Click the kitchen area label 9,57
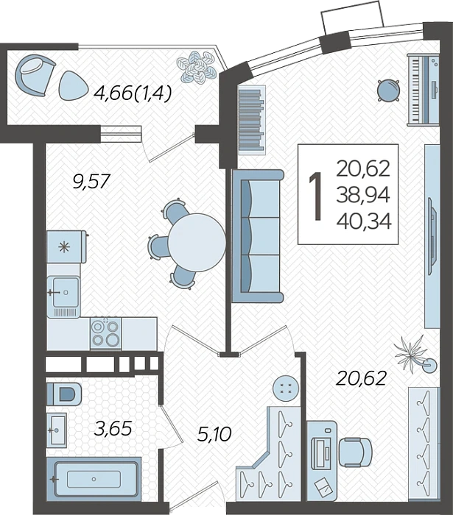[91, 181]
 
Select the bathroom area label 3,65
[113, 429]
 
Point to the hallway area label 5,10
[214, 434]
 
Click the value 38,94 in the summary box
[363, 195]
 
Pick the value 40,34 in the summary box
[364, 221]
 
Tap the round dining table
[197, 242]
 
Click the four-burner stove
[105, 333]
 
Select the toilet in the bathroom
[64, 394]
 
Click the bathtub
[94, 478]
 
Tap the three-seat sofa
[257, 235]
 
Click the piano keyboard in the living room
[423, 89]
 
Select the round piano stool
[388, 90]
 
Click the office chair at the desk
[355, 452]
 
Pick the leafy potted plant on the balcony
[197, 67]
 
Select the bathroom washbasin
[57, 430]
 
